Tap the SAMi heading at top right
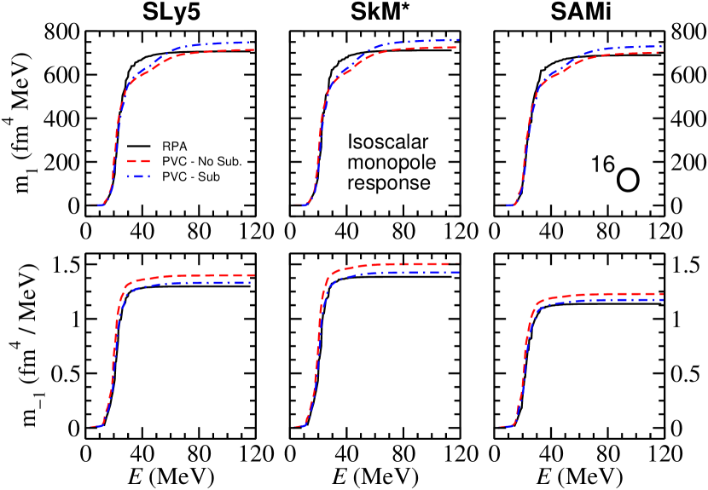577,13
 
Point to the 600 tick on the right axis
688,75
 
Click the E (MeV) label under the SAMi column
578,471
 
